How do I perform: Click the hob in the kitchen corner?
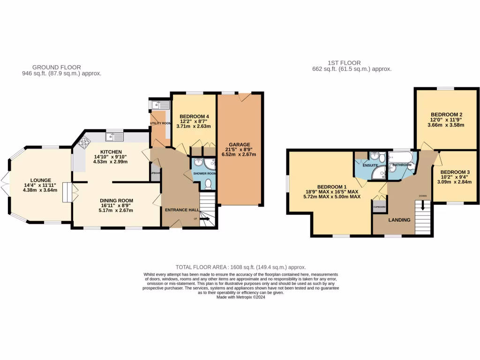click(x=85, y=142)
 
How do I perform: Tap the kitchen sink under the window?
click(x=115, y=137)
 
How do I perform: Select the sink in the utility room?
click(x=159, y=105)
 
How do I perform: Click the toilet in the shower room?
click(x=208, y=184)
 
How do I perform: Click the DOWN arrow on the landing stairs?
click(x=423, y=205)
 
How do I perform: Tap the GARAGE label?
click(x=240, y=145)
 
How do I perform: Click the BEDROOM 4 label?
click(x=194, y=116)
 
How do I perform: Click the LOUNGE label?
click(x=41, y=180)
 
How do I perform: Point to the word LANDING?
click(x=399, y=220)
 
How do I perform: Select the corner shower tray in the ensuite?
click(x=378, y=174)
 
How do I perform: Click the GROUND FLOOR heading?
click(x=57, y=67)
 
